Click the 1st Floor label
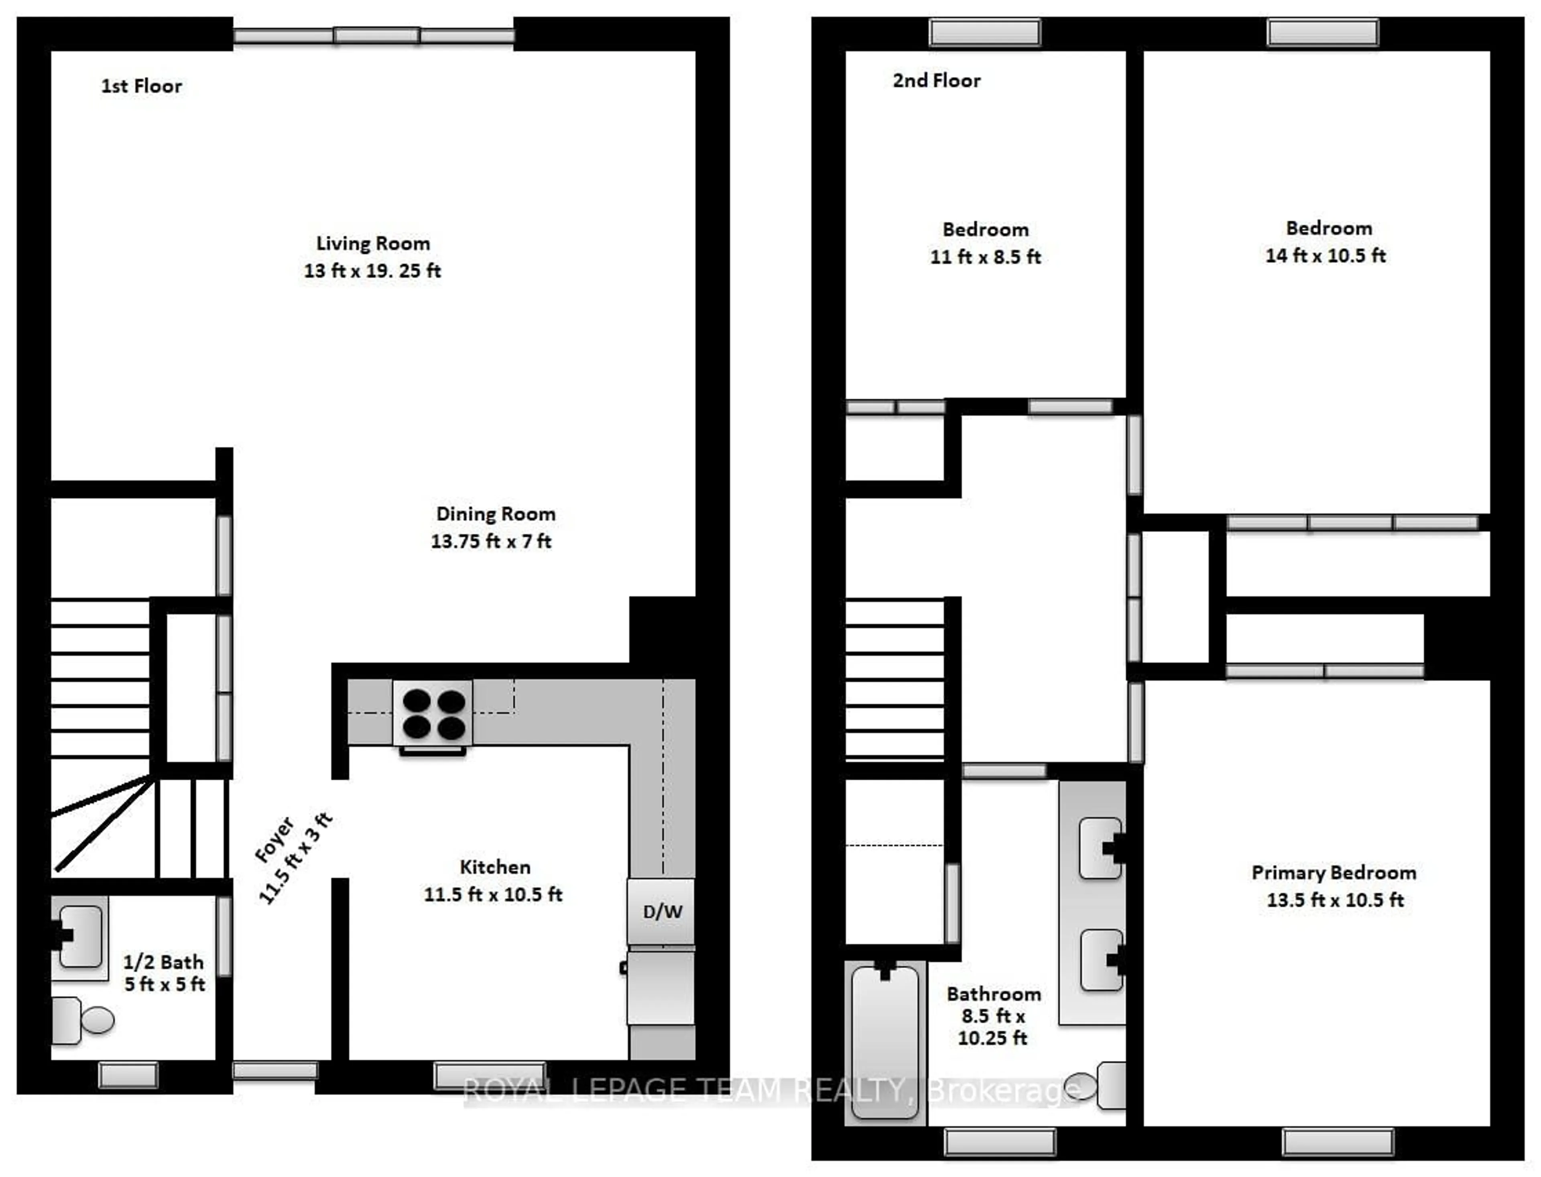coord(142,86)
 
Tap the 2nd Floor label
coord(937,81)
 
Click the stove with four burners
coord(432,713)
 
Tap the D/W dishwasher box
coord(661,912)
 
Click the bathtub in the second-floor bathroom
coord(885,1042)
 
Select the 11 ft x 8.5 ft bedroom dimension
coord(986,257)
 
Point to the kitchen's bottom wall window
coord(489,1075)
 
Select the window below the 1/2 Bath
coord(128,1075)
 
